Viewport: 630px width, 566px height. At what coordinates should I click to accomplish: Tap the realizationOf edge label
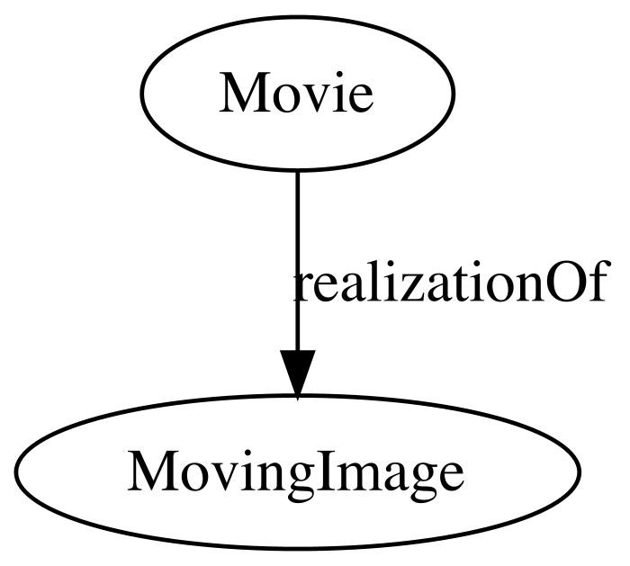click(x=450, y=281)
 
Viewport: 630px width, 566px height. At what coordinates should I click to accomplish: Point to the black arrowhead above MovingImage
click(x=297, y=374)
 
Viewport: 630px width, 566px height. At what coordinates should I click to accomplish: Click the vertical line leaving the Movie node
click(x=297, y=260)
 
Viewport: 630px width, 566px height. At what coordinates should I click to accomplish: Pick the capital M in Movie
click(x=241, y=94)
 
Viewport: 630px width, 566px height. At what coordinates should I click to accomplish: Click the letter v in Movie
click(x=310, y=99)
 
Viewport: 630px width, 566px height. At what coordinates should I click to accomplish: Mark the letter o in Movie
click(x=280, y=99)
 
